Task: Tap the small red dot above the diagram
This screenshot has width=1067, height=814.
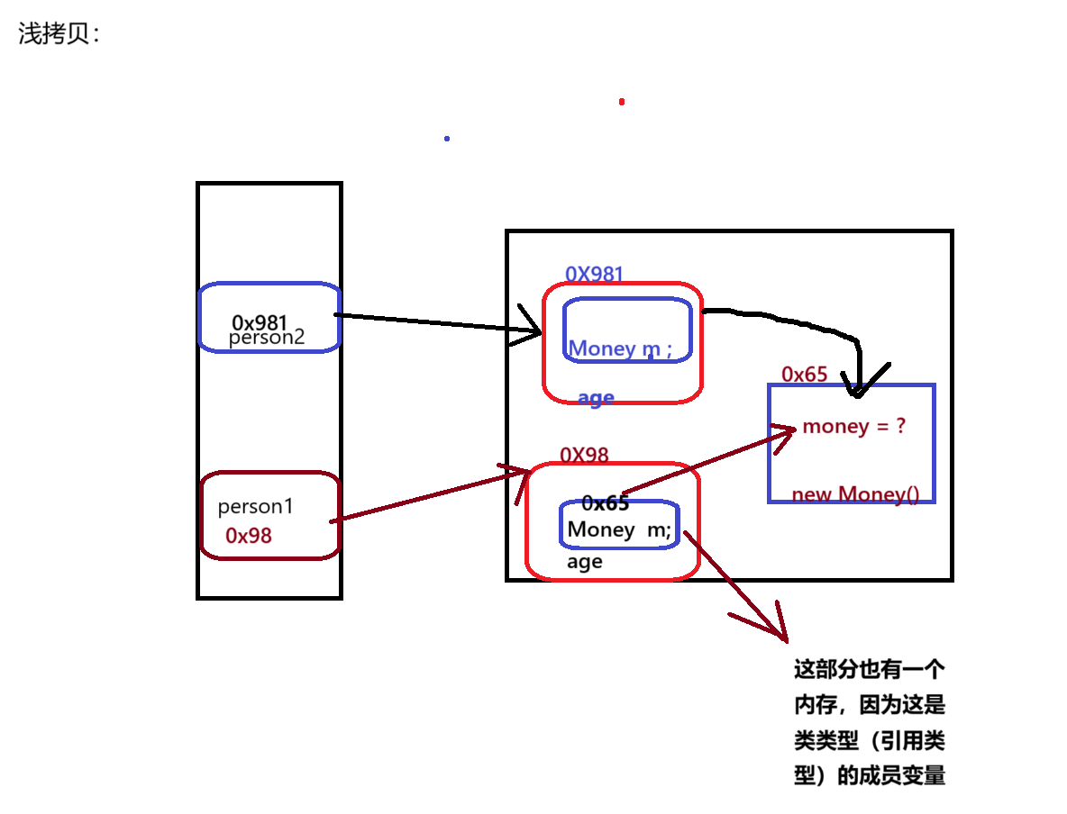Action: click(622, 102)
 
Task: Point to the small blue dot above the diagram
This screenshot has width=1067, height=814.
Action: click(447, 139)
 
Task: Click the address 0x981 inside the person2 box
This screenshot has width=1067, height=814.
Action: click(260, 322)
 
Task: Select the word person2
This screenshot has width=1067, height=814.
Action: click(267, 338)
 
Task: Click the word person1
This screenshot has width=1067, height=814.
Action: click(256, 506)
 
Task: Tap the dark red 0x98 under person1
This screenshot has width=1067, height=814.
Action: click(249, 536)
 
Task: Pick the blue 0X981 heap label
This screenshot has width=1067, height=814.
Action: click(595, 275)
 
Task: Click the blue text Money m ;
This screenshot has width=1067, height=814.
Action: click(620, 348)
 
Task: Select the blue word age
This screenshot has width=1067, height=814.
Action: click(596, 397)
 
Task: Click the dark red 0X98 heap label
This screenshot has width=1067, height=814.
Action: click(584, 455)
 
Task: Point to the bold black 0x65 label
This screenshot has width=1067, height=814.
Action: click(605, 503)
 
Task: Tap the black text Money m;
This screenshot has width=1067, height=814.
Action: click(619, 530)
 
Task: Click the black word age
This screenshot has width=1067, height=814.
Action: click(584, 562)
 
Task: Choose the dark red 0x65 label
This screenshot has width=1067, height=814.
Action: click(804, 375)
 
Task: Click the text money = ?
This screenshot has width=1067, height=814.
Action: click(853, 426)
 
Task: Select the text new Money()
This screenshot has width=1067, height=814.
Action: click(855, 494)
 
